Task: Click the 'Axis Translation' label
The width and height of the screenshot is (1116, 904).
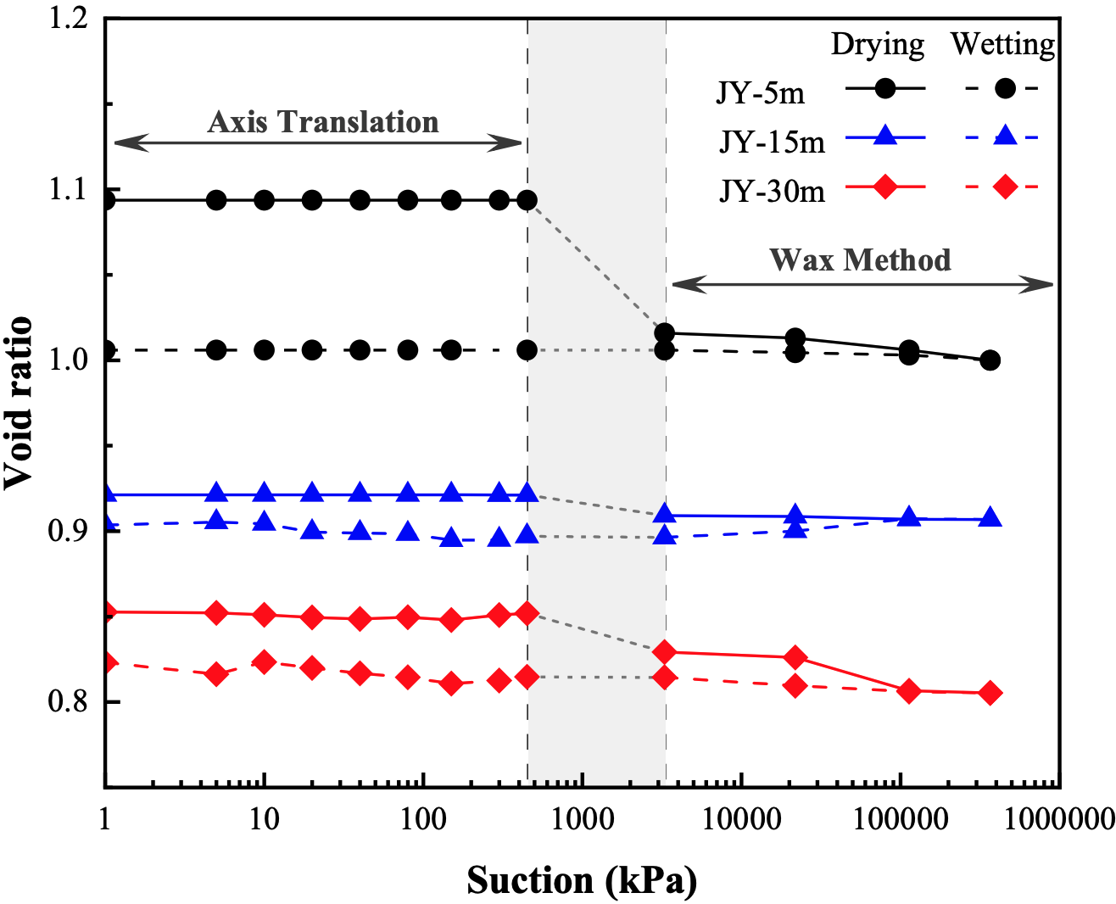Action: click(x=323, y=122)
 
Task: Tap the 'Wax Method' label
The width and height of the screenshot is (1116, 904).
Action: click(x=860, y=259)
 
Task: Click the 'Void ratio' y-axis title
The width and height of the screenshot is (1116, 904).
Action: click(x=19, y=403)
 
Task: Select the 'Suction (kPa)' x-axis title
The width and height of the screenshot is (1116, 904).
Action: click(x=582, y=880)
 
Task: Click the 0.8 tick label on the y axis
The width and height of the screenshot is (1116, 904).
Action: click(x=70, y=702)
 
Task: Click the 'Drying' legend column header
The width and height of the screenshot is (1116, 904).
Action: click(x=877, y=44)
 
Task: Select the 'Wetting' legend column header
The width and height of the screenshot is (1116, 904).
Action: click(x=1003, y=44)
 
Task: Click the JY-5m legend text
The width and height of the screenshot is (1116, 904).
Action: click(x=761, y=92)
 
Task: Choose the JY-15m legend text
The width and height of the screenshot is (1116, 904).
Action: click(x=772, y=142)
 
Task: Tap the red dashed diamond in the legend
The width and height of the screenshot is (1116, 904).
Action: click(x=1005, y=187)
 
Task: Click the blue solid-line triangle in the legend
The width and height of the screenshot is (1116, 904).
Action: click(x=884, y=136)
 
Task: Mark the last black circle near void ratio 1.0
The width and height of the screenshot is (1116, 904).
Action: click(x=990, y=360)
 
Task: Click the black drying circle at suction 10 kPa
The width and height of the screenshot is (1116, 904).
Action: click(x=265, y=200)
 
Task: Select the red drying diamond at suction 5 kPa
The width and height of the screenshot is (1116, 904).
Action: click(x=217, y=612)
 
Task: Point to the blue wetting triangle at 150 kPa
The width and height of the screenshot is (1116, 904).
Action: click(x=452, y=538)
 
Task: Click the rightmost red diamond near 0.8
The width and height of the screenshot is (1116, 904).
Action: click(x=990, y=693)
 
